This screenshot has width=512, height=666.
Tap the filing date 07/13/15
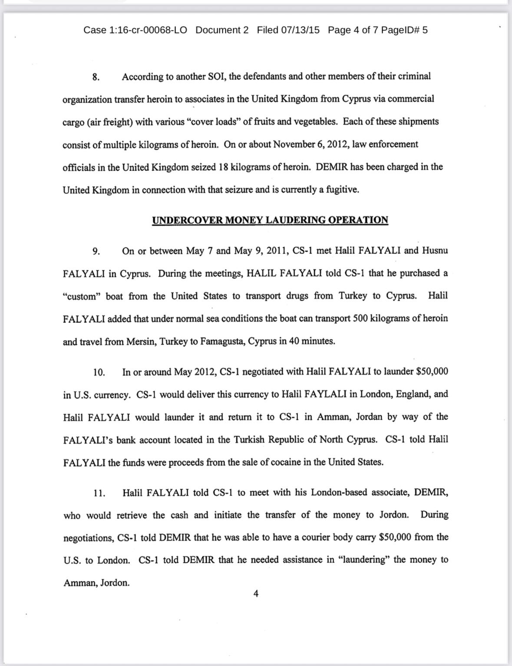click(x=300, y=30)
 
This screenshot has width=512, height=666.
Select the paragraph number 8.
click(x=96, y=77)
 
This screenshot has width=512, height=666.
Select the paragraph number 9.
click(x=96, y=251)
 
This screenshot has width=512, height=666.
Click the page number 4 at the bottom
click(x=256, y=594)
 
